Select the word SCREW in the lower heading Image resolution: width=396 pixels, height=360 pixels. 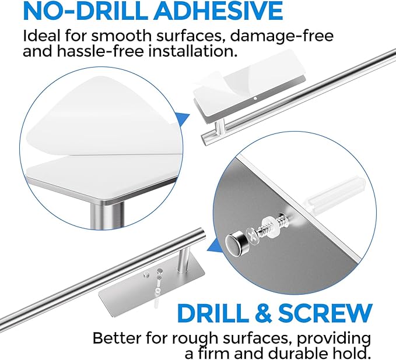325,313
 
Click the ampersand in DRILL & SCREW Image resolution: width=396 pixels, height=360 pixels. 263,313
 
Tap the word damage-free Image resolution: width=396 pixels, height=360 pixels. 282,36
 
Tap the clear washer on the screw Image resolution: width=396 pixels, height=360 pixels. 268,223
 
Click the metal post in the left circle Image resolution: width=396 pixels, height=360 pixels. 107,214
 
